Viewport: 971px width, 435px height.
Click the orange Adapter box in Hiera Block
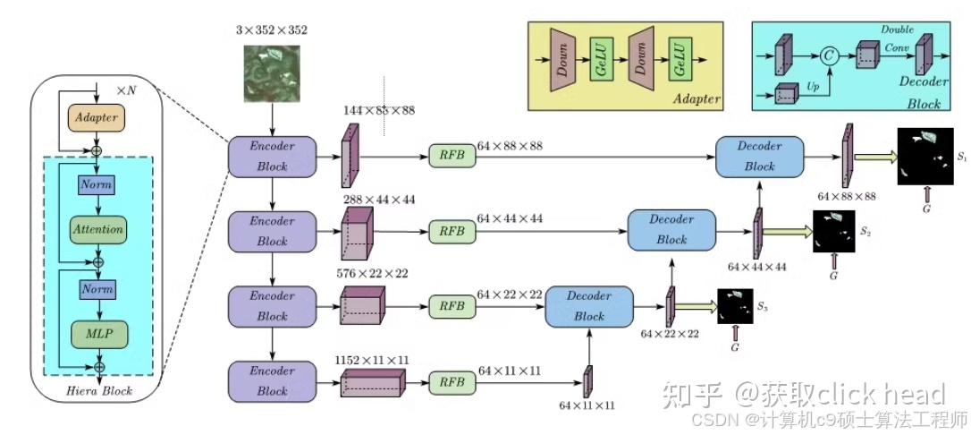[97, 118]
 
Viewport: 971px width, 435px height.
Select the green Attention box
[98, 229]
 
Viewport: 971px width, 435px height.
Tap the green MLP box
[98, 333]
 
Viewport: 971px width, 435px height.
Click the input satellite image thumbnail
[273, 74]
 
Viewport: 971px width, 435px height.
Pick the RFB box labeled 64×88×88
[452, 156]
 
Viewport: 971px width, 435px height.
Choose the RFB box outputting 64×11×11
[452, 381]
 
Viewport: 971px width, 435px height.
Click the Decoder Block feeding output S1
[759, 156]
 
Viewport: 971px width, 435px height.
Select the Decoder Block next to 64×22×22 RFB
[589, 304]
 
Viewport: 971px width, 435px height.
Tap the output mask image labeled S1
[924, 156]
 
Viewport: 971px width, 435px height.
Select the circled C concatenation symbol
[831, 56]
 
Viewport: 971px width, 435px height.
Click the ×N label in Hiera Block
[128, 91]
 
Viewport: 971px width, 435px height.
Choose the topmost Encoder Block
[273, 156]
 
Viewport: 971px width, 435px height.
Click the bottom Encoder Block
[273, 381]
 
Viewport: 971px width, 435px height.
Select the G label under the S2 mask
[833, 277]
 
